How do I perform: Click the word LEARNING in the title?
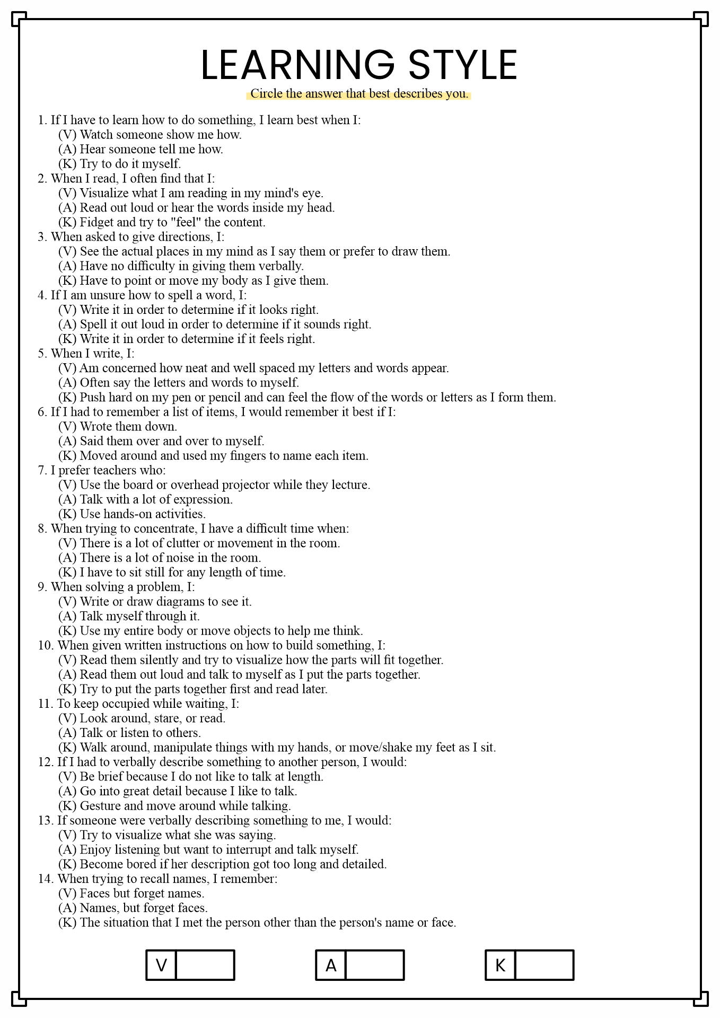[x=297, y=65]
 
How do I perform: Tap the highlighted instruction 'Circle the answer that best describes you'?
[x=359, y=94]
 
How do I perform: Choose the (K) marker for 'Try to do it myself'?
[x=67, y=164]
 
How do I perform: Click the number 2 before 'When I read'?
[x=42, y=179]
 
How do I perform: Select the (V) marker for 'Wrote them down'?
[x=67, y=426]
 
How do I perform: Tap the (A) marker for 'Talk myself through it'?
[x=67, y=616]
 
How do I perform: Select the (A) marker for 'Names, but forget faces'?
[x=67, y=908]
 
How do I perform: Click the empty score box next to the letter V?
[x=205, y=965]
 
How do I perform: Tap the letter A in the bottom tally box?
[x=331, y=966]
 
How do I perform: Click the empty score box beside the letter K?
[x=544, y=965]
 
